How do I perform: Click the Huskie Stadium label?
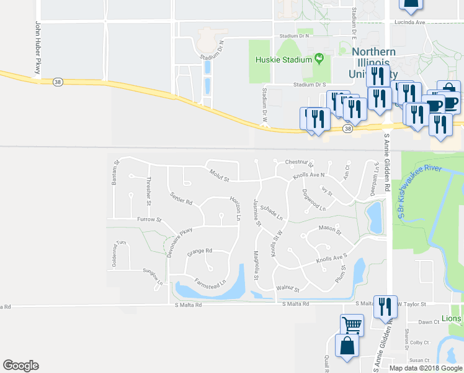[x=283, y=60]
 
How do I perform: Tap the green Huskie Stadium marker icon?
[x=319, y=59]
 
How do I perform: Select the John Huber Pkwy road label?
[x=38, y=48]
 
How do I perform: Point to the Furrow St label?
[x=149, y=219]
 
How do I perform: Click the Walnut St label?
[x=288, y=289]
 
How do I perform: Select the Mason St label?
[x=330, y=229]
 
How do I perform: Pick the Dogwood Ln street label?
[x=313, y=200]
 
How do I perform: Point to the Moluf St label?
[x=219, y=176]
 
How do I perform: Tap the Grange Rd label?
[x=200, y=251]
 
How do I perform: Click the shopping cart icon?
[x=351, y=324]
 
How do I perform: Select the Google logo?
[x=20, y=366]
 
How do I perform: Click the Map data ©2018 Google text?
[x=425, y=367]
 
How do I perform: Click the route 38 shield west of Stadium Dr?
[x=58, y=81]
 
